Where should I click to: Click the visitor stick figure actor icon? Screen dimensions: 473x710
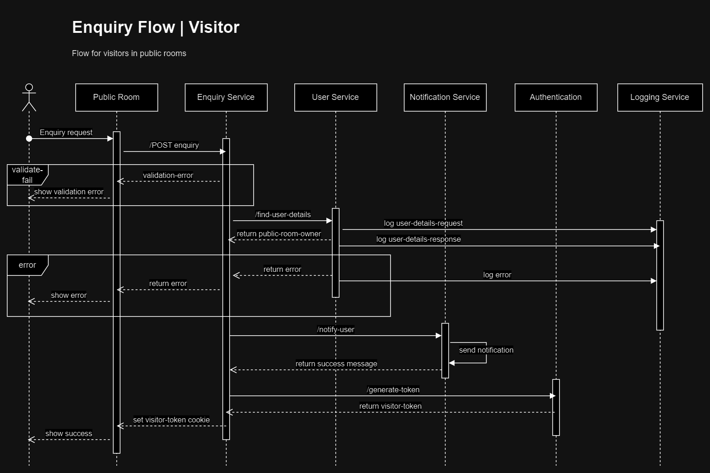click(29, 97)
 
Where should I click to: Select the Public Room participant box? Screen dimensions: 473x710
click(116, 97)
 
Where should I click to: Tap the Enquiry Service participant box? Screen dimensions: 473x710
click(226, 97)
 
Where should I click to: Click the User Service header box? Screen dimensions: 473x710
click(335, 97)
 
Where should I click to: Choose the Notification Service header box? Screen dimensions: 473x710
click(445, 97)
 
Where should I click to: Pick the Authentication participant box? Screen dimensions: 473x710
click(556, 97)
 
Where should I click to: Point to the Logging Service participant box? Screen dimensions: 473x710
click(659, 97)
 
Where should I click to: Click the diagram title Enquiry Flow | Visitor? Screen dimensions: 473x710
click(156, 27)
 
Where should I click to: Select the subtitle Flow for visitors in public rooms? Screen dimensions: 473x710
click(129, 53)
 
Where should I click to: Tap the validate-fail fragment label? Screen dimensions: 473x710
click(27, 175)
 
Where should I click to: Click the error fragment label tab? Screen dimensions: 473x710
click(27, 265)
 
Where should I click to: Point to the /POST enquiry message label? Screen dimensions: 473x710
click(174, 145)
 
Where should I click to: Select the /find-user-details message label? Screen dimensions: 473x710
click(283, 214)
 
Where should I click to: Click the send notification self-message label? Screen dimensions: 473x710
click(486, 350)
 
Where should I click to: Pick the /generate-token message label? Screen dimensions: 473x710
click(393, 390)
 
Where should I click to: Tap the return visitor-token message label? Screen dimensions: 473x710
click(390, 406)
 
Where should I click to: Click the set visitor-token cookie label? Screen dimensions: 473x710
click(172, 420)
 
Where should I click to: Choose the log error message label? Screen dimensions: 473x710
click(497, 275)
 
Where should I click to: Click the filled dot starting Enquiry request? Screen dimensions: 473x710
click(29, 138)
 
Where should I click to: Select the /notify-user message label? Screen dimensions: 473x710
click(335, 329)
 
